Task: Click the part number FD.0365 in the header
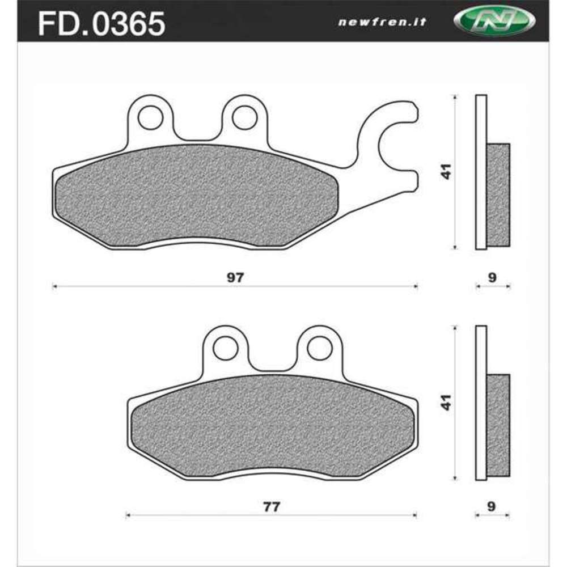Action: pyautogui.click(x=101, y=24)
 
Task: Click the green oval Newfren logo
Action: pyautogui.click(x=494, y=22)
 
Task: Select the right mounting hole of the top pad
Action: pyautogui.click(x=244, y=117)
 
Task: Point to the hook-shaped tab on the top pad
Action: pyautogui.click(x=391, y=139)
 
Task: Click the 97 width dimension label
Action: pyautogui.click(x=235, y=277)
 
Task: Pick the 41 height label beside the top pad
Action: pyautogui.click(x=447, y=172)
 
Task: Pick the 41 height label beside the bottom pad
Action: pyautogui.click(x=447, y=402)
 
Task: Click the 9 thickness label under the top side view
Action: pyautogui.click(x=492, y=277)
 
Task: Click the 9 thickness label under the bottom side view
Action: pyautogui.click(x=492, y=506)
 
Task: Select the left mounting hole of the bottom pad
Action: pyautogui.click(x=226, y=348)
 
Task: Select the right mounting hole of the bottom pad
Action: pyautogui.click(x=319, y=348)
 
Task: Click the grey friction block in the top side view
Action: pyautogui.click(x=498, y=194)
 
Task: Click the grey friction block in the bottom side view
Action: pyautogui.click(x=498, y=425)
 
